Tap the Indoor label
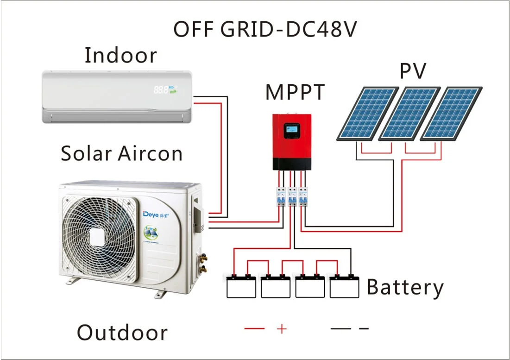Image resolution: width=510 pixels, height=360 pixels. click(x=121, y=56)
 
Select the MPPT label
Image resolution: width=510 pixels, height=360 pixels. click(x=295, y=92)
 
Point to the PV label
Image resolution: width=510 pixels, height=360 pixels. click(x=413, y=72)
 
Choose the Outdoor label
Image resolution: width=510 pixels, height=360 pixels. click(x=122, y=333)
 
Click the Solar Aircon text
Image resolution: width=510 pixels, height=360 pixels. click(x=122, y=153)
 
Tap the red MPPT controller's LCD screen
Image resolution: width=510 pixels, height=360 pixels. click(x=291, y=130)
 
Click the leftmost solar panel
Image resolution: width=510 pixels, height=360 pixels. click(x=367, y=114)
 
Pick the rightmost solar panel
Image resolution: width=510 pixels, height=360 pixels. click(x=452, y=114)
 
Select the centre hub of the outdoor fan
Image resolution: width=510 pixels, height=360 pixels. click(x=99, y=237)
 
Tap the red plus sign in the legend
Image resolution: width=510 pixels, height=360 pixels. click(x=282, y=328)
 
